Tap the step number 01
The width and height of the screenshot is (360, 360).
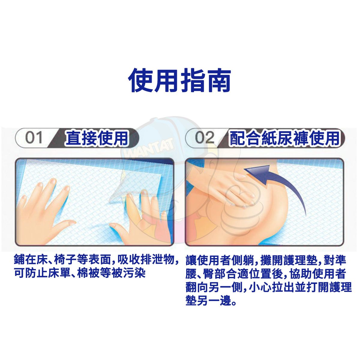point(34,138)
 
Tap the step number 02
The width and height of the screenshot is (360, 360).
point(205,138)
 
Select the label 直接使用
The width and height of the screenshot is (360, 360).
point(97,138)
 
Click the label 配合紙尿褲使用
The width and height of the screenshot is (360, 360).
point(284,138)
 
